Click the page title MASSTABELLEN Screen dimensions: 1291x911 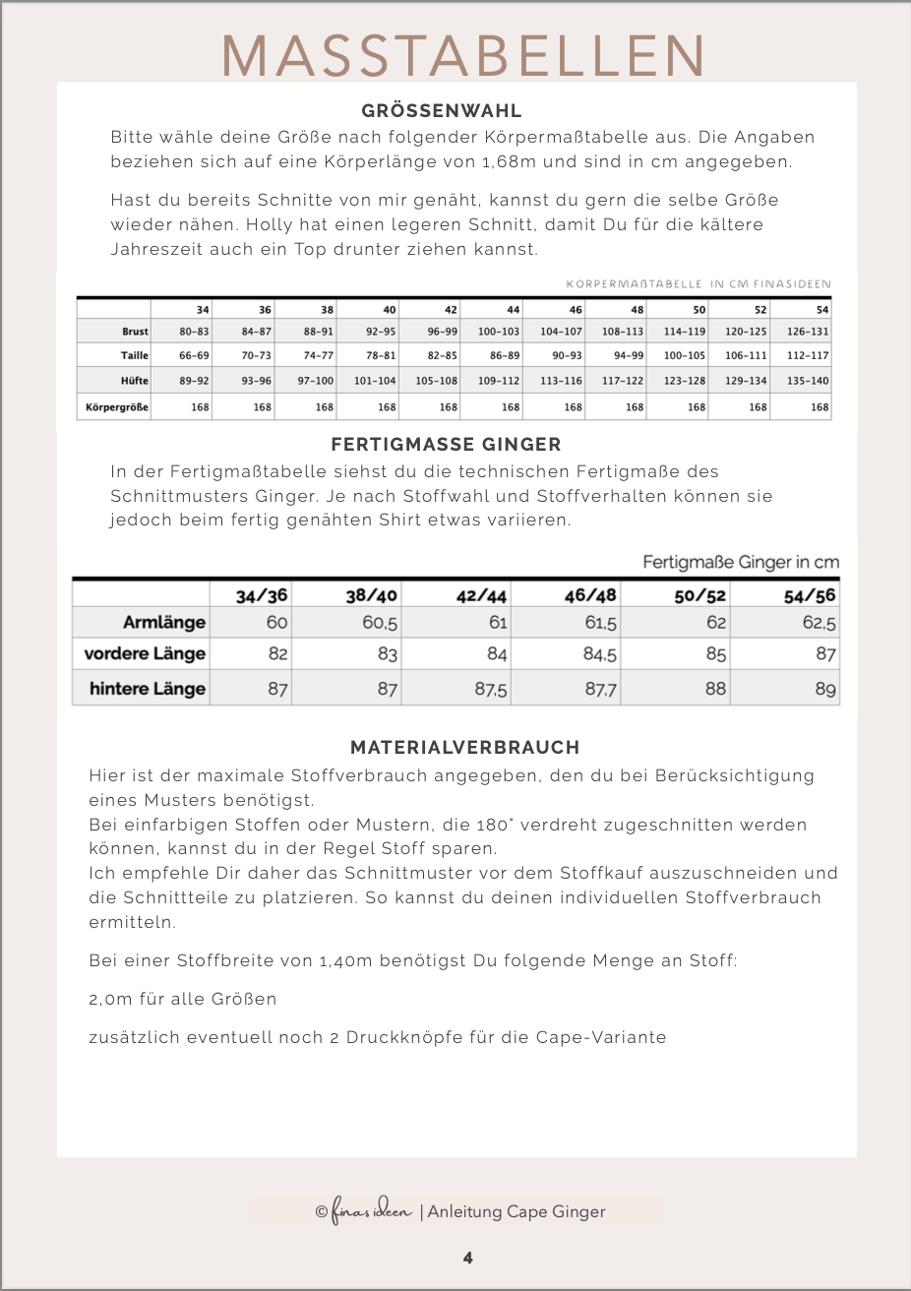463,55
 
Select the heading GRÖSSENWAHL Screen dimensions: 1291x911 442,111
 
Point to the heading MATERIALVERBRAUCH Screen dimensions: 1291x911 465,748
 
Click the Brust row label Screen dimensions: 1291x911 135,333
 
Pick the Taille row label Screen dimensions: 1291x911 135,356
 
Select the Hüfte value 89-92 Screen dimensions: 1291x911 194,381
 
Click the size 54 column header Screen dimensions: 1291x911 822,310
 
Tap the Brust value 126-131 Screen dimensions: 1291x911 808,333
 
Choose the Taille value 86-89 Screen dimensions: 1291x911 505,356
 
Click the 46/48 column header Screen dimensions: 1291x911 590,595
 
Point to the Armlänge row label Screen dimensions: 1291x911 164,623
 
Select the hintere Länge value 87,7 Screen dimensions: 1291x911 601,690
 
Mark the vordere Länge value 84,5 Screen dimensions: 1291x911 600,654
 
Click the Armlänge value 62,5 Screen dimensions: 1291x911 820,623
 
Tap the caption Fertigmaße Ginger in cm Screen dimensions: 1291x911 741,563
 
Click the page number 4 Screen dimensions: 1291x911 468,1259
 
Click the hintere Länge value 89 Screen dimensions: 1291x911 825,690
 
